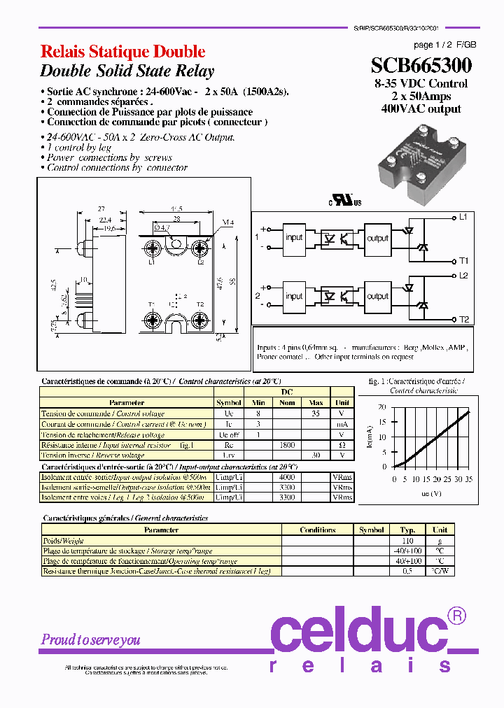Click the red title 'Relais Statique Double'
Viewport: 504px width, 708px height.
tap(122, 52)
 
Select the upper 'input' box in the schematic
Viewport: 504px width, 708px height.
tap(295, 237)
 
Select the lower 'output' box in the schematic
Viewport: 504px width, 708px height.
tap(377, 296)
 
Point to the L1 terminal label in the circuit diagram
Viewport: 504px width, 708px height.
tap(463, 217)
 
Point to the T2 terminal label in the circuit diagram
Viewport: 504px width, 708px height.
tap(463, 320)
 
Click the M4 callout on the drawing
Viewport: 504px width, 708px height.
tap(227, 223)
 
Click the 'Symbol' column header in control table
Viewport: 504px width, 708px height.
tap(228, 403)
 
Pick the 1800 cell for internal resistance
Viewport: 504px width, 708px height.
tap(287, 445)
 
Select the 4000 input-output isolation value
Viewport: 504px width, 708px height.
tap(287, 476)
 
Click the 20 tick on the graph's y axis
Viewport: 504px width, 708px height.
tap(381, 406)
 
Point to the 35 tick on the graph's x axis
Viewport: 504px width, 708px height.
tap(468, 479)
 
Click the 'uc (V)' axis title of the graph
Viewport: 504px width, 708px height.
tap(430, 493)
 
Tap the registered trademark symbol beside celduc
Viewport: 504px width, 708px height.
tap(456, 616)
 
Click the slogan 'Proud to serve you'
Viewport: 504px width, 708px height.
tap(91, 639)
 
